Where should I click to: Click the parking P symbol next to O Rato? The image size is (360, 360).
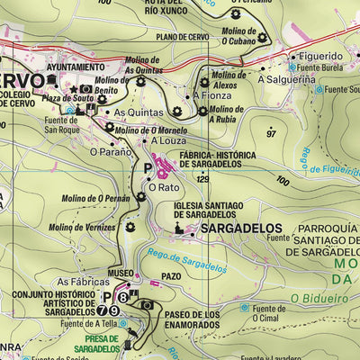tap(148, 168)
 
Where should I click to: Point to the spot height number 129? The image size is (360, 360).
tap(202, 180)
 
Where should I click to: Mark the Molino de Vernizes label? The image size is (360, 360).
tap(83, 228)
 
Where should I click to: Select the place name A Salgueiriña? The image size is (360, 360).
tap(288, 79)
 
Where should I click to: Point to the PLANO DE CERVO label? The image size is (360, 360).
tap(183, 37)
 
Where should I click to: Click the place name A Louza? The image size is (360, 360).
tap(166, 141)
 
